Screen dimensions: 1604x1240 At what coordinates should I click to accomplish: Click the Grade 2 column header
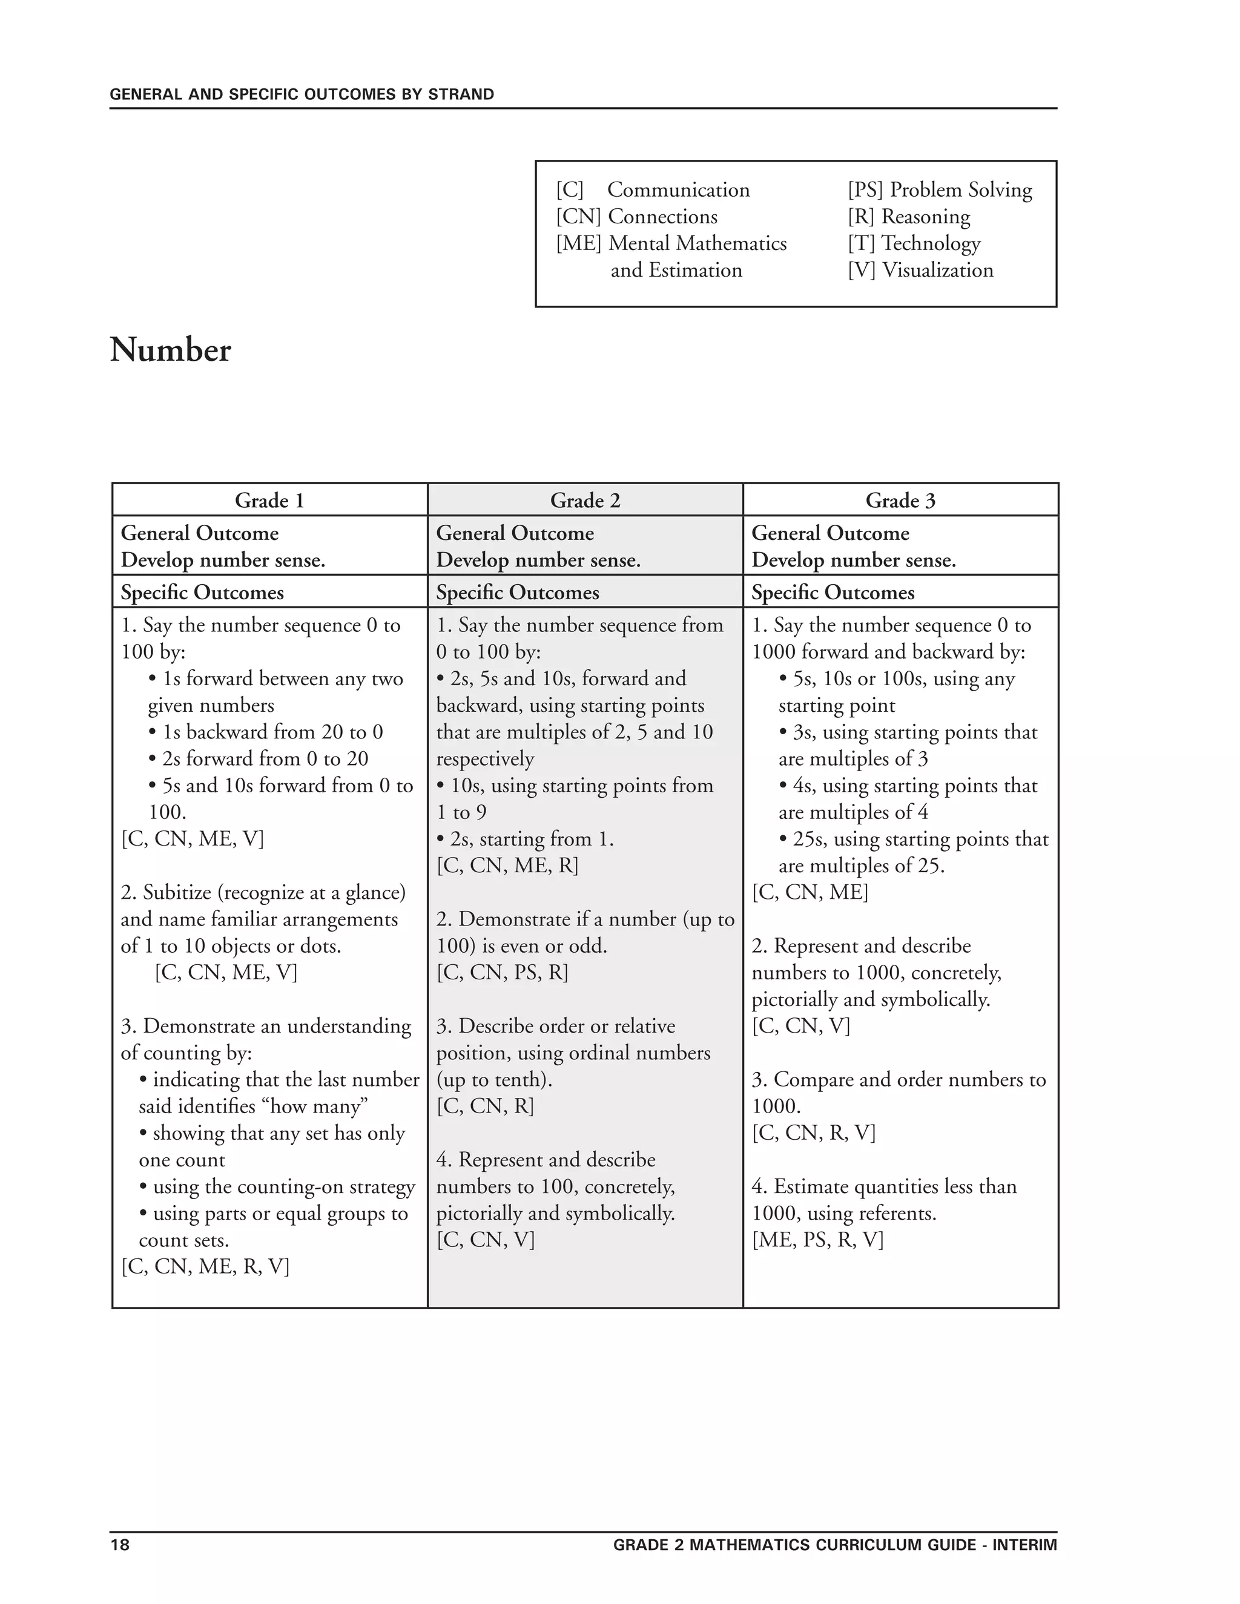[x=585, y=501]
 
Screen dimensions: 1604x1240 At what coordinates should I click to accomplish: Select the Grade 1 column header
[x=269, y=501]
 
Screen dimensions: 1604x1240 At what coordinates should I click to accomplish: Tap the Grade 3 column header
[x=900, y=501]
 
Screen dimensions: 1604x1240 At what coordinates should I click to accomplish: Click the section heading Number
[x=170, y=350]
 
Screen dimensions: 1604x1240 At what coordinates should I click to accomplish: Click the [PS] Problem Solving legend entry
[x=940, y=189]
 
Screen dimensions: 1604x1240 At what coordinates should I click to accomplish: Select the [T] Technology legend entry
[x=914, y=243]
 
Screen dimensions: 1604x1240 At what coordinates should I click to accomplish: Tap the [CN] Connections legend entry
[x=636, y=217]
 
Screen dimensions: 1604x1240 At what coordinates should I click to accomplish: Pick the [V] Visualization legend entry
[x=920, y=271]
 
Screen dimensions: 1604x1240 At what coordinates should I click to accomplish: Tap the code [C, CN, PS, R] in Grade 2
[x=503, y=973]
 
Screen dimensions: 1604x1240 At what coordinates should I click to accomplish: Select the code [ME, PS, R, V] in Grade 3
[x=817, y=1240]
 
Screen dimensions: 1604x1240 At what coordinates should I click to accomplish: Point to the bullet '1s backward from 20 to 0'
[x=266, y=732]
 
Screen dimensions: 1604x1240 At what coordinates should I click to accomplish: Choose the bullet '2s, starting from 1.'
[x=525, y=839]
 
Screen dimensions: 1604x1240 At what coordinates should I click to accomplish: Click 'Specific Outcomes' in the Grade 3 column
[x=833, y=593]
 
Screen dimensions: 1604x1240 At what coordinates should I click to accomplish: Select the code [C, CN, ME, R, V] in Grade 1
[x=205, y=1267]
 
